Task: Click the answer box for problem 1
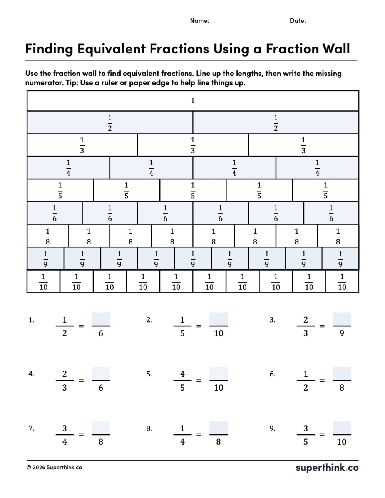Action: (101, 319)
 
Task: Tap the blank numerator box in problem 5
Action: (218, 373)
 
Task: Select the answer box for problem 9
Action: (341, 428)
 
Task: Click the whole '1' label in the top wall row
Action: (193, 101)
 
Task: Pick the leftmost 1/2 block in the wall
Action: (110, 123)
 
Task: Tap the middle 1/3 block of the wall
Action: (192, 145)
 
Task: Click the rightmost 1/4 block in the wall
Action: (317, 168)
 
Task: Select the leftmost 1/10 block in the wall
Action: (43, 282)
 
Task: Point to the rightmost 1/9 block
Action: (340, 259)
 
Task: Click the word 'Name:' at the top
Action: (199, 21)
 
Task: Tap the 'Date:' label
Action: (298, 21)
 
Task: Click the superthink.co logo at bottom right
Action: (327, 468)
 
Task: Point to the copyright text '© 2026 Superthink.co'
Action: (54, 468)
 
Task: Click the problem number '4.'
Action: (31, 374)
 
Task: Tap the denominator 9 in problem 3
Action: (342, 333)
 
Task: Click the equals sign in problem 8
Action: (199, 435)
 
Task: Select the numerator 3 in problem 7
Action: (64, 428)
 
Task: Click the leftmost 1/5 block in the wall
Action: (60, 191)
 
